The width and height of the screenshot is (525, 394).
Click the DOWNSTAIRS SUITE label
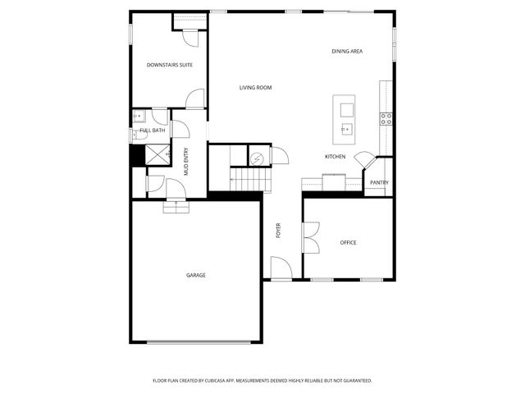click(x=170, y=65)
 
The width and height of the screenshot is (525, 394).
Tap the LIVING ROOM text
click(x=255, y=88)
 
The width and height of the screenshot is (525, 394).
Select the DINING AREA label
click(x=347, y=52)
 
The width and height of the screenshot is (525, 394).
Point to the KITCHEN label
click(x=335, y=157)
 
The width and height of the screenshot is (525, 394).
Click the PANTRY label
click(x=378, y=183)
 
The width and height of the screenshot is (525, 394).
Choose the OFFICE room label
click(x=349, y=243)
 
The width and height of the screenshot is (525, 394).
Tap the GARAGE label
click(x=195, y=275)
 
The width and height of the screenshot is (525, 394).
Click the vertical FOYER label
click(x=278, y=231)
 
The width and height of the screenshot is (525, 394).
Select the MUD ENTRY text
click(x=186, y=162)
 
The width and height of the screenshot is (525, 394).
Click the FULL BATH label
click(x=152, y=131)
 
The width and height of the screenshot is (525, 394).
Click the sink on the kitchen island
click(x=346, y=128)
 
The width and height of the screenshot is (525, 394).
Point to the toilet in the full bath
click(x=136, y=135)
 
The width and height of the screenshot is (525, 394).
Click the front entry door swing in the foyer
click(x=281, y=268)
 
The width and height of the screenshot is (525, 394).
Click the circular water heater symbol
click(x=257, y=158)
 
